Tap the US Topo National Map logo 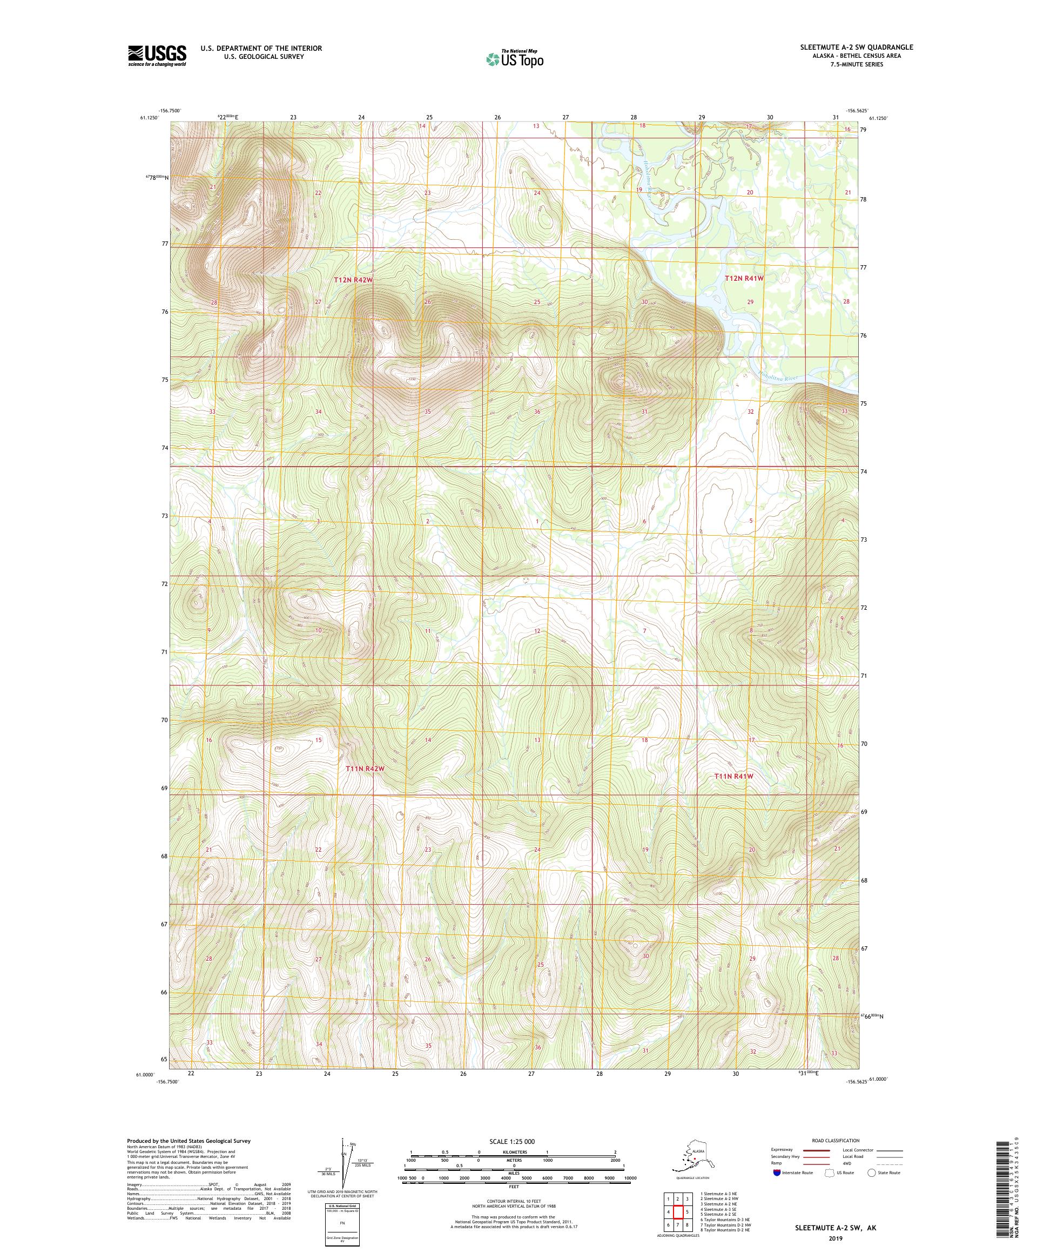[514, 58]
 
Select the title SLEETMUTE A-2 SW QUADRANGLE [856, 47]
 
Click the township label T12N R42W [353, 279]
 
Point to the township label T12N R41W [744, 278]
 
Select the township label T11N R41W [734, 776]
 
